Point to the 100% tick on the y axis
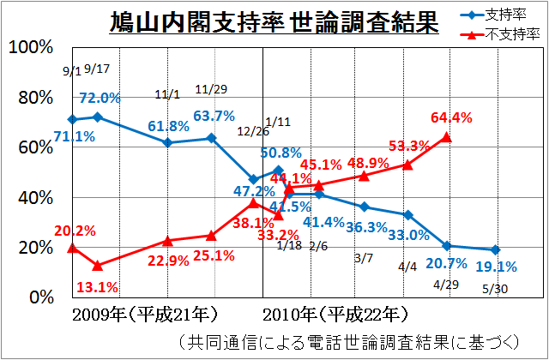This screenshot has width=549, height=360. point(30,47)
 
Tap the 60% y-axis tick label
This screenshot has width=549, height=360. point(34,147)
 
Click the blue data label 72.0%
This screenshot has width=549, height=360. point(100,99)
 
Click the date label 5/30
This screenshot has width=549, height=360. point(496,288)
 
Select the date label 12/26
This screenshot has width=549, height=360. point(253,131)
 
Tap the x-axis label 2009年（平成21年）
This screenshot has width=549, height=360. point(144,313)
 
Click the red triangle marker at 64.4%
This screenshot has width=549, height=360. point(445,136)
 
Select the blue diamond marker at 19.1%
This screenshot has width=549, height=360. point(496,249)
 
